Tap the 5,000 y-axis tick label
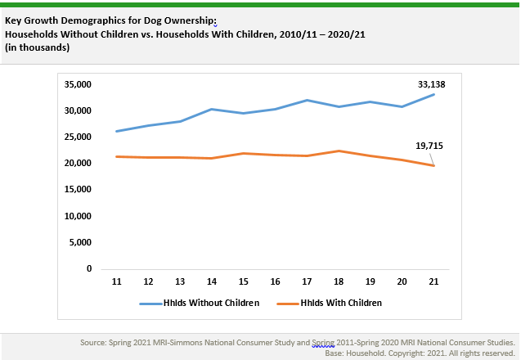point(83,242)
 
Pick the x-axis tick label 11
point(117,281)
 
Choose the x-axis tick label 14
point(212,281)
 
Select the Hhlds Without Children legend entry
point(200,303)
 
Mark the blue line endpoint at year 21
point(433,94)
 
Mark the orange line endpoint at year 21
point(433,165)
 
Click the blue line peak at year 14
point(212,109)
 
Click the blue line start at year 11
point(117,131)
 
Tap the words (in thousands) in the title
point(37,48)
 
